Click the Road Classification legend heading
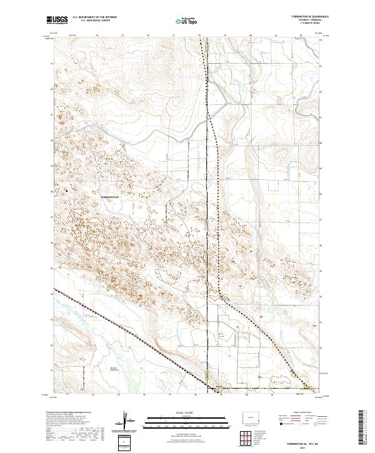(292, 413)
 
